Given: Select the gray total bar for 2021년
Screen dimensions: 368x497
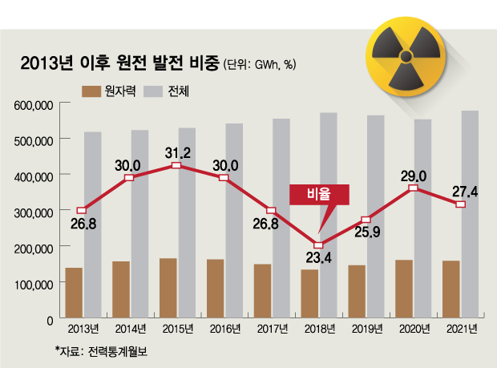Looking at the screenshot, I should [471, 213].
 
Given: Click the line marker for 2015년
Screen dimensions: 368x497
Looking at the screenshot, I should [176, 166].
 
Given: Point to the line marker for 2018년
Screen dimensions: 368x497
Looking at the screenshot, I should [318, 245].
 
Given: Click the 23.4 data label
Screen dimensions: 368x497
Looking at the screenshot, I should [318, 259].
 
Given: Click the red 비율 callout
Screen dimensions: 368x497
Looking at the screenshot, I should [318, 194].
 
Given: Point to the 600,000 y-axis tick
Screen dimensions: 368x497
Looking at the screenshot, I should [33, 104].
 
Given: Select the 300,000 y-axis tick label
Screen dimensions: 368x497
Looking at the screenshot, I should [33, 212].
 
